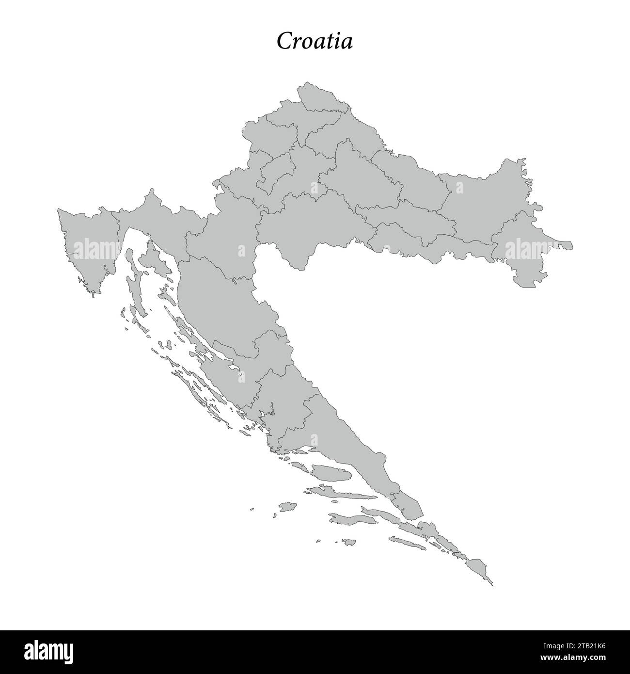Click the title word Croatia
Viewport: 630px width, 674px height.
click(x=315, y=42)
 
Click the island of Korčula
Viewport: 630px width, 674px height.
click(x=349, y=519)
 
